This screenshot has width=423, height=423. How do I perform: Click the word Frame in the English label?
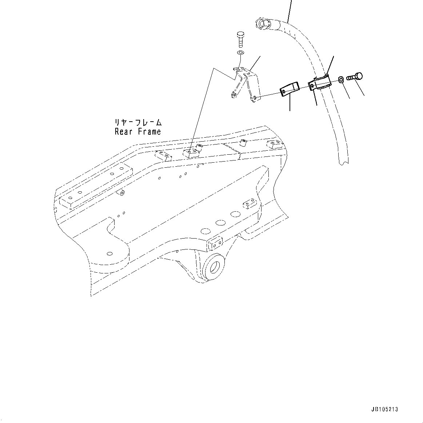[149, 132]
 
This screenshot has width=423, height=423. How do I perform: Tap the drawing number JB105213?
[385, 410]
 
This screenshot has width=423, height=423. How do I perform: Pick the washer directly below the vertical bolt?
[240, 53]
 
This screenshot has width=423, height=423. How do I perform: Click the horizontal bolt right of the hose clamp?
[355, 77]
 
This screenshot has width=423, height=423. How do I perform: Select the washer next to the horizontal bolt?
[340, 79]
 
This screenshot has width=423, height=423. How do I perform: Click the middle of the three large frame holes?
[220, 223]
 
